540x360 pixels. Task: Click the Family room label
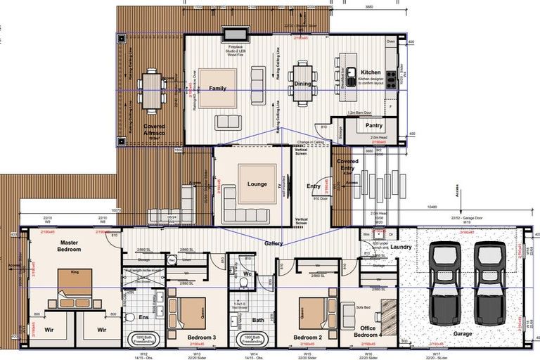point(217,89)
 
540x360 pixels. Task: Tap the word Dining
point(302,84)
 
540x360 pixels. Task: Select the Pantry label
point(374,126)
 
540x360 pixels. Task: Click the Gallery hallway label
point(274,243)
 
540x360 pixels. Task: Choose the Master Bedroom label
point(70,246)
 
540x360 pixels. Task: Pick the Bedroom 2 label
point(307,337)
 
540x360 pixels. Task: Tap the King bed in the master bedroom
point(75,287)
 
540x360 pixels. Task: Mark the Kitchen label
point(371,72)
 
